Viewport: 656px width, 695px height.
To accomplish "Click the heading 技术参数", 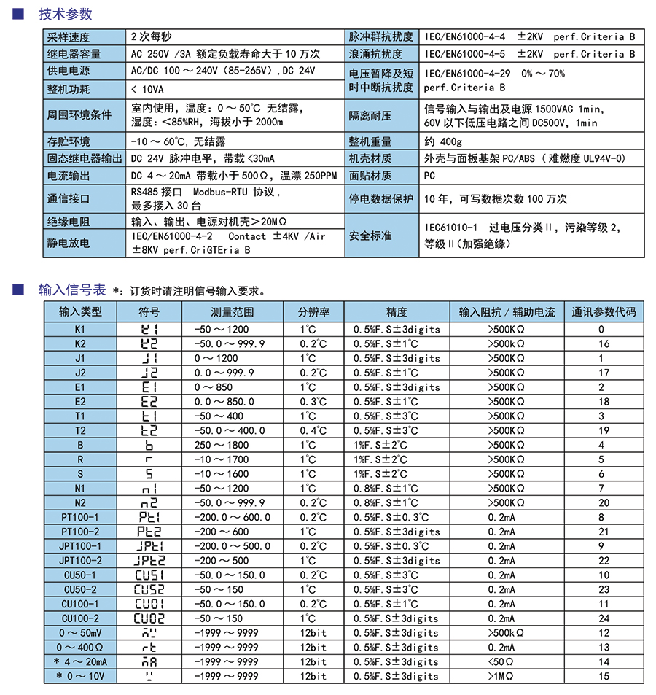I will [x=66, y=14].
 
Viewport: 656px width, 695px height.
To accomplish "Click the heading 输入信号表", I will [x=71, y=290].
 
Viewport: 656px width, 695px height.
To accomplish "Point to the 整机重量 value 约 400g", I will [x=442, y=141].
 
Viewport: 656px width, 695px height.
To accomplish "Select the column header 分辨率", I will [x=313, y=312].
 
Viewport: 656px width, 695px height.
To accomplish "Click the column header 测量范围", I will [x=233, y=312].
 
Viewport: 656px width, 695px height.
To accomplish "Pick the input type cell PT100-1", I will [x=80, y=517].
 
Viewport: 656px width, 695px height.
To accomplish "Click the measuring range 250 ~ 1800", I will [x=221, y=445].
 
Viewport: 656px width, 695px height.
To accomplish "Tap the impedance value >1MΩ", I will [x=501, y=676].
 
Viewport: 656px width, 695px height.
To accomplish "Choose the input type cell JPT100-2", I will [x=80, y=561].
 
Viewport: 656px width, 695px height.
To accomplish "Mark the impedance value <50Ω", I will [x=501, y=661].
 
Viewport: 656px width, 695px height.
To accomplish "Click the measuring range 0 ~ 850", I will [x=214, y=387].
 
